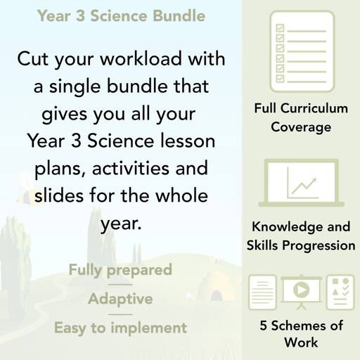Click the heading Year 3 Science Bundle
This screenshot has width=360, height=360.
(x=121, y=15)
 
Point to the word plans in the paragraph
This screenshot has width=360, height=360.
(x=61, y=169)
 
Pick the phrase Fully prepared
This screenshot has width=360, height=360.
(x=120, y=270)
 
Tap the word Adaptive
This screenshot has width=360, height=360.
(x=120, y=299)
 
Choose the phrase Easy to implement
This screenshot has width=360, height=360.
(x=120, y=328)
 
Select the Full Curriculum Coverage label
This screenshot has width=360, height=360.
(x=301, y=118)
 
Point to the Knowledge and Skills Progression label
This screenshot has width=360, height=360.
(x=301, y=236)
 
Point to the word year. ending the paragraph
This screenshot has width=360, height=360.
(x=120, y=224)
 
